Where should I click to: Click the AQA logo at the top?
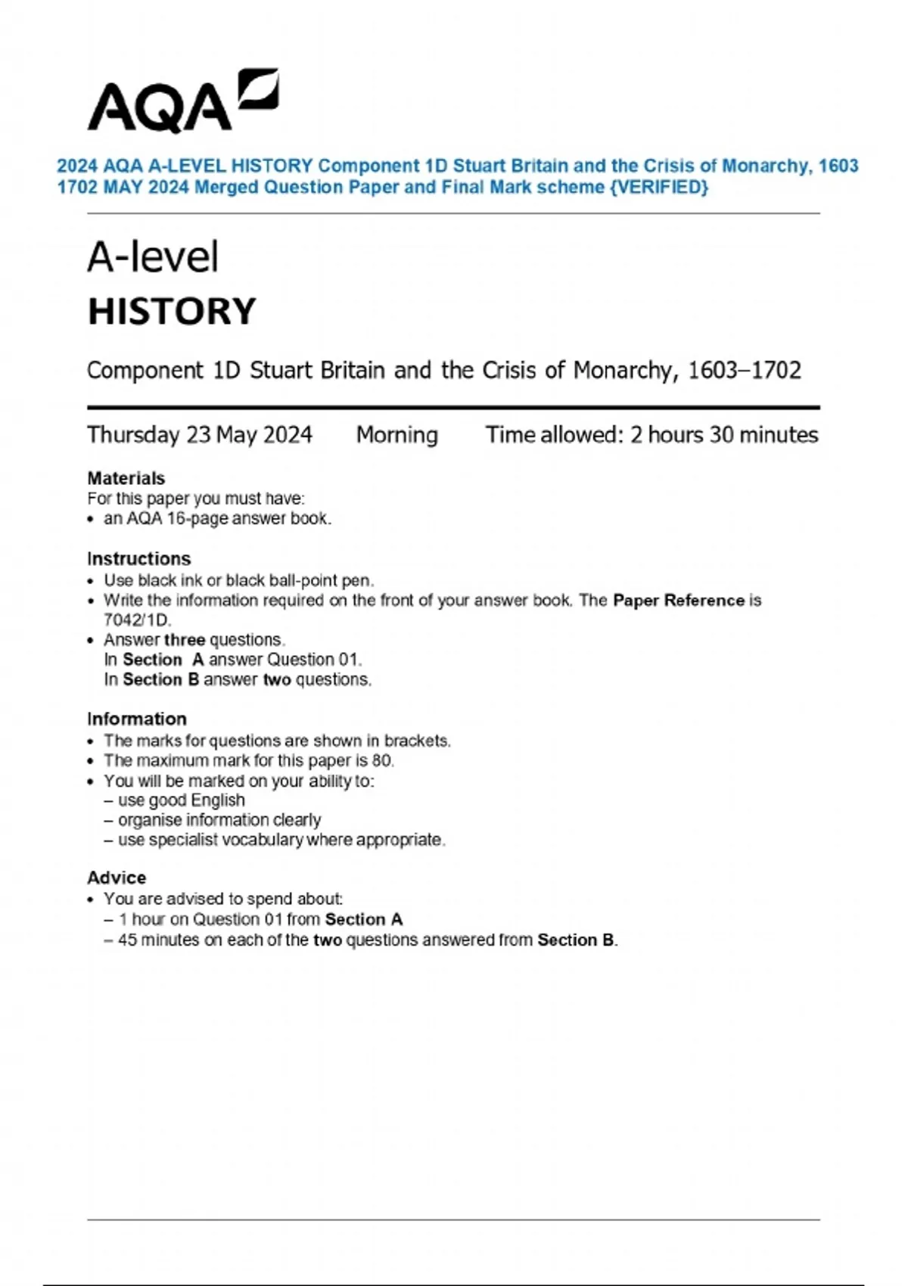182,102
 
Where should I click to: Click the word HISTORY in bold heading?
172,312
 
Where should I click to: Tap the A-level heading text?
153,257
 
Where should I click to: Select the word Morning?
396,435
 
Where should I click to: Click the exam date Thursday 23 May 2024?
200,435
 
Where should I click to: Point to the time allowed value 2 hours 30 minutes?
724,435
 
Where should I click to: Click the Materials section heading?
126,478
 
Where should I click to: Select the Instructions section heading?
138,558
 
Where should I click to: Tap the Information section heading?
136,719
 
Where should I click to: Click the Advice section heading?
117,878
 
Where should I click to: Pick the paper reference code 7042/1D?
137,620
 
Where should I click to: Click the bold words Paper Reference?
679,601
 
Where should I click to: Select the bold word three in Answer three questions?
184,640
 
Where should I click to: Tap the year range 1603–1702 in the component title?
744,370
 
